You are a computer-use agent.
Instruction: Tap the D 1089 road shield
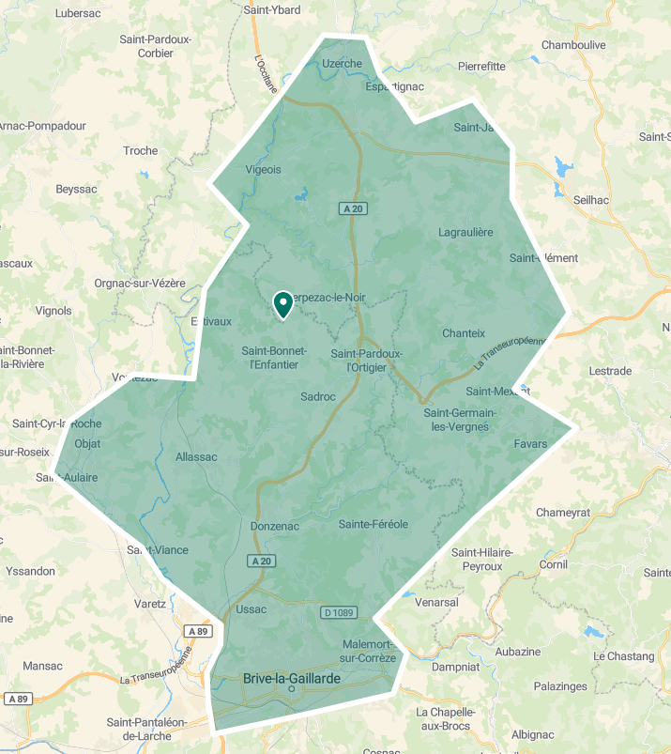pyautogui.click(x=339, y=612)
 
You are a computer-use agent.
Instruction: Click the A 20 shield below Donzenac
pyautogui.click(x=263, y=561)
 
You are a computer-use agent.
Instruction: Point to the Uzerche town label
pyautogui.click(x=342, y=64)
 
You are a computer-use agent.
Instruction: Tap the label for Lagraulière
pyautogui.click(x=465, y=232)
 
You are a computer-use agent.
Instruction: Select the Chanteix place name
pyautogui.click(x=464, y=333)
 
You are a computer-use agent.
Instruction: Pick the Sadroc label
pyautogui.click(x=318, y=396)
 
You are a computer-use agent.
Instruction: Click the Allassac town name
pyautogui.click(x=196, y=457)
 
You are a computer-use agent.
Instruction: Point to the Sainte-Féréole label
pyautogui.click(x=374, y=524)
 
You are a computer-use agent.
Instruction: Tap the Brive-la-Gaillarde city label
pyautogui.click(x=291, y=677)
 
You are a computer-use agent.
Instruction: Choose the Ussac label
pyautogui.click(x=252, y=609)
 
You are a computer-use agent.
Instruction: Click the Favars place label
pyautogui.click(x=530, y=443)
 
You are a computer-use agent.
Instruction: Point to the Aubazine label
pyautogui.click(x=519, y=652)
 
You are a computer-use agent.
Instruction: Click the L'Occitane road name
pyautogui.click(x=266, y=72)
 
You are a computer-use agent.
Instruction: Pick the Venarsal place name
pyautogui.click(x=438, y=602)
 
